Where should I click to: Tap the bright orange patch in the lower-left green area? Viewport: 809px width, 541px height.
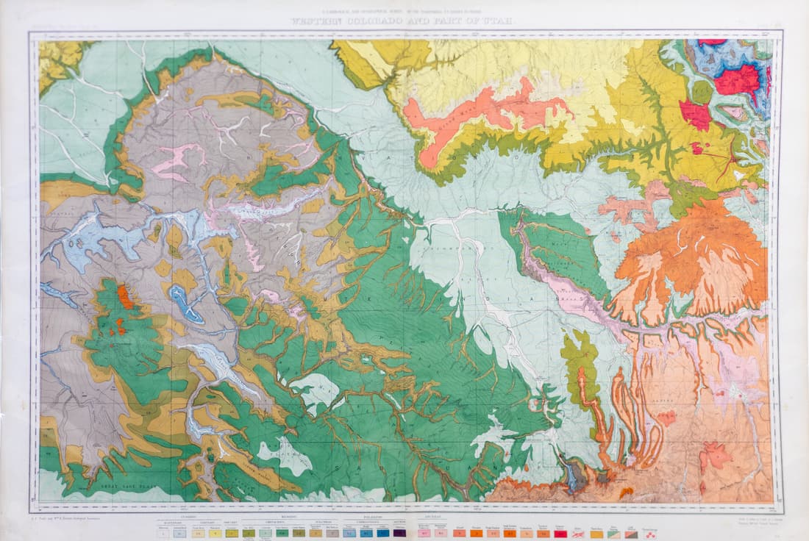[x=126, y=297]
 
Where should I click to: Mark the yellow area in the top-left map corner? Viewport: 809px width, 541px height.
[x=59, y=59]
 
